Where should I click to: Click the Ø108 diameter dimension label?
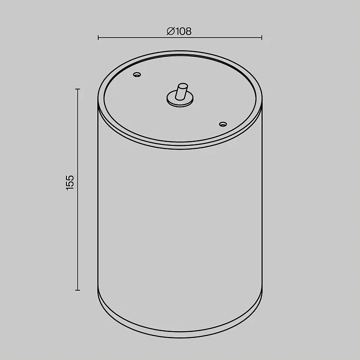(x=179, y=31)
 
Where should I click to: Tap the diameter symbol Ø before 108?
(x=171, y=31)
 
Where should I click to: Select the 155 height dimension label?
(x=70, y=183)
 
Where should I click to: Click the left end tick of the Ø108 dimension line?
(x=98, y=38)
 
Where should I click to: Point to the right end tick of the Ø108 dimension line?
(x=262, y=38)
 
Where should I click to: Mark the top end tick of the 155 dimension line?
(x=77, y=89)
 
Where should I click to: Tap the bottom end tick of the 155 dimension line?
(x=77, y=290)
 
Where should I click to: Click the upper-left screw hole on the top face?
(x=137, y=75)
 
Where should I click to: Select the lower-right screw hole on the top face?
(x=223, y=124)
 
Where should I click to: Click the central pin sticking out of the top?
(x=181, y=91)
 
